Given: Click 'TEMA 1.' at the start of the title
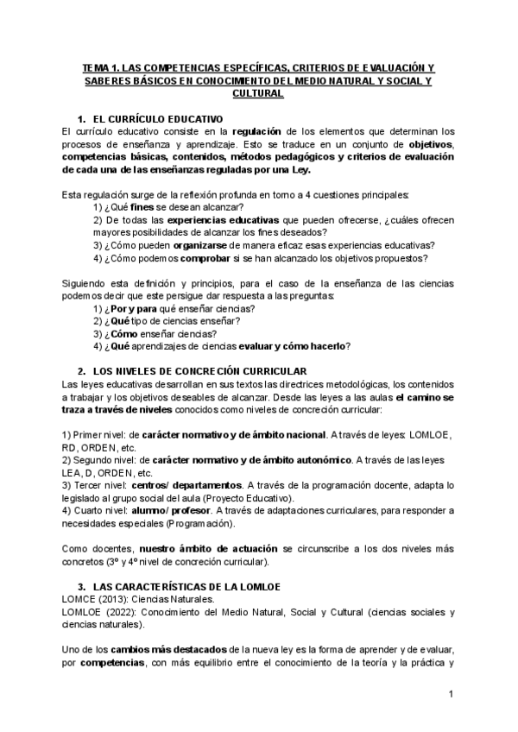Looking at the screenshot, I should coord(100,66).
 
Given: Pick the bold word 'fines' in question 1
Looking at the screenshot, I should coord(142,207).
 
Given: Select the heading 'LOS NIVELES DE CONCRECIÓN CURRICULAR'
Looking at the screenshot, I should coord(194,370).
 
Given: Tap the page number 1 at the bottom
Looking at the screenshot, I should coord(452,695).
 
